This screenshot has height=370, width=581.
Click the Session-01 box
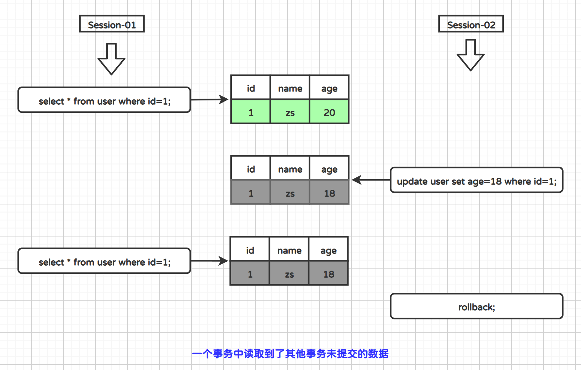[112, 24]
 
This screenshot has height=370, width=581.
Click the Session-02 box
[471, 24]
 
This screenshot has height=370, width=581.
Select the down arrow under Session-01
[111, 59]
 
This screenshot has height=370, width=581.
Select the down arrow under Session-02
[470, 55]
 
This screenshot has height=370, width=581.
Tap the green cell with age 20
[329, 112]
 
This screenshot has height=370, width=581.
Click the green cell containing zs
[290, 112]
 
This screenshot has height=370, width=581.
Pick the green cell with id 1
[251, 112]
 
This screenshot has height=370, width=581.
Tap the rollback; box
[476, 306]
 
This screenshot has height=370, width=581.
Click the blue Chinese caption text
[290, 354]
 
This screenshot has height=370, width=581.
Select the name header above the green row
[290, 88]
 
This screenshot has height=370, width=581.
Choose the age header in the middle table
[329, 169]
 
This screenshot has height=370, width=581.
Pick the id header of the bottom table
[250, 250]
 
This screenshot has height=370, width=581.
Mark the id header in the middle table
[251, 169]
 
